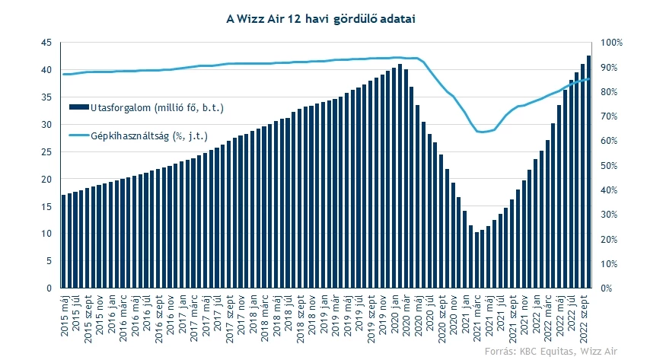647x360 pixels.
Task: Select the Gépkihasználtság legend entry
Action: click(x=136, y=136)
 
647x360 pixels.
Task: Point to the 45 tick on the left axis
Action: click(x=46, y=43)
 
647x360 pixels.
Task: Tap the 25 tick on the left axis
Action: click(x=46, y=152)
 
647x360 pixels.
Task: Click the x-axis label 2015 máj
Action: click(x=65, y=314)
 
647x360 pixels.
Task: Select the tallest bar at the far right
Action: click(x=588, y=172)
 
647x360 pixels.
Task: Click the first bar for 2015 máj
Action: click(x=64, y=242)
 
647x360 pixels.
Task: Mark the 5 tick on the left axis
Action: click(x=49, y=261)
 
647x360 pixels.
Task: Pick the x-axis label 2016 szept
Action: click(x=158, y=317)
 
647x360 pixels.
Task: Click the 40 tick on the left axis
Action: click(x=46, y=70)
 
